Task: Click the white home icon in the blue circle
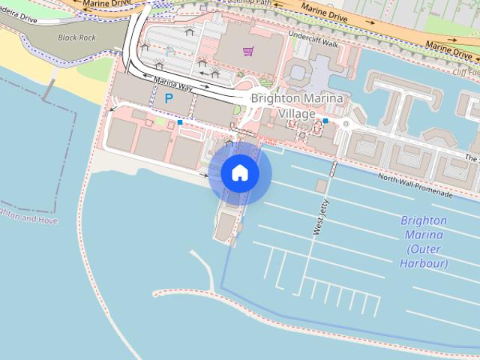click(240, 173)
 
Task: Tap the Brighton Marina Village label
click(297, 106)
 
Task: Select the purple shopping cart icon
click(247, 51)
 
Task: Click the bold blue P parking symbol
click(169, 98)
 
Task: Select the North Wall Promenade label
click(415, 184)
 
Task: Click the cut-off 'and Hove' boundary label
click(28, 217)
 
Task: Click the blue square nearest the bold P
click(180, 122)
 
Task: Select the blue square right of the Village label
click(325, 120)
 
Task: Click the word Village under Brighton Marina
click(297, 113)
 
